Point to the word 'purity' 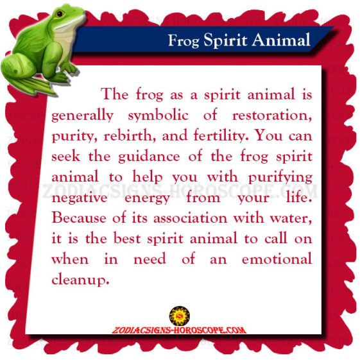tap(73, 137)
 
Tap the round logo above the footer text tap(180, 316)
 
